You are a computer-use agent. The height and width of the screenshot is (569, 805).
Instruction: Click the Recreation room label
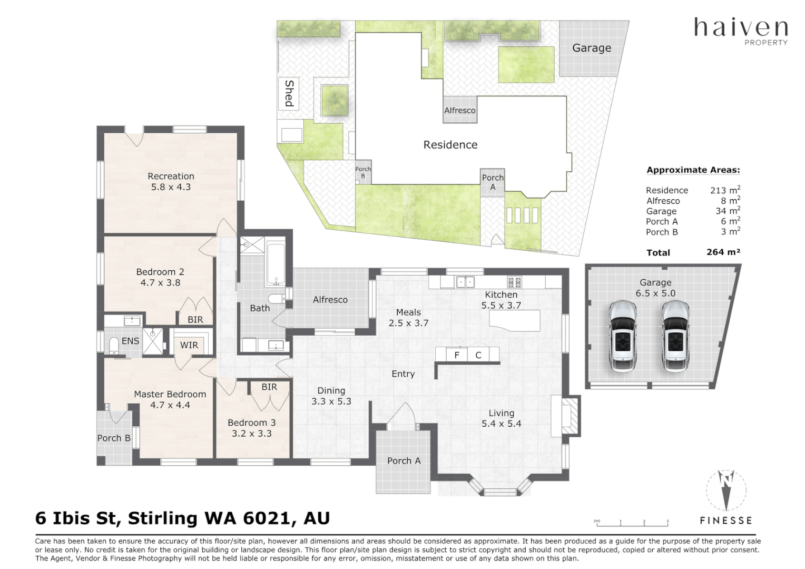click(x=171, y=176)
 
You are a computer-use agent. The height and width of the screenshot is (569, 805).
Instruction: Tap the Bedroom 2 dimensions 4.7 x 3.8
click(x=160, y=283)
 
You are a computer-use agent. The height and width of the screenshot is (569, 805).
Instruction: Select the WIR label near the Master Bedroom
click(x=189, y=345)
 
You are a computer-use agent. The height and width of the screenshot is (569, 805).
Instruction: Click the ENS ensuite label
click(x=130, y=341)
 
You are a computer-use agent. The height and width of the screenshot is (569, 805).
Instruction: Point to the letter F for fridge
click(x=457, y=355)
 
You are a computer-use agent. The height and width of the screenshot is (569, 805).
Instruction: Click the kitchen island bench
click(x=515, y=320)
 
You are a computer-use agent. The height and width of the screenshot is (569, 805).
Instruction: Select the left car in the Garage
click(x=623, y=336)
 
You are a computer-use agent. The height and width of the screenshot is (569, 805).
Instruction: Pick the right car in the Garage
click(x=675, y=336)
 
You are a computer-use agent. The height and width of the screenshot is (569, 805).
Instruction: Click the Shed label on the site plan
click(x=289, y=93)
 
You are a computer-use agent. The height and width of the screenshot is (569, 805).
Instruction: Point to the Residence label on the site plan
click(x=450, y=144)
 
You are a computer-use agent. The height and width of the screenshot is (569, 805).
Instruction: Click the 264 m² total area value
click(x=723, y=252)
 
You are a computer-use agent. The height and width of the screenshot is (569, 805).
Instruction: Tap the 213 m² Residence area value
click(x=725, y=190)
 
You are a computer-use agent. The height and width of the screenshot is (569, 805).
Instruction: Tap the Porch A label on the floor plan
click(x=404, y=461)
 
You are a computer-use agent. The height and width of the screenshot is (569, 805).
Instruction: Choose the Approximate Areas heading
click(x=693, y=170)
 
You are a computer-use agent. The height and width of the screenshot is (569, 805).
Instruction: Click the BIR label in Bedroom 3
click(x=269, y=387)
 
